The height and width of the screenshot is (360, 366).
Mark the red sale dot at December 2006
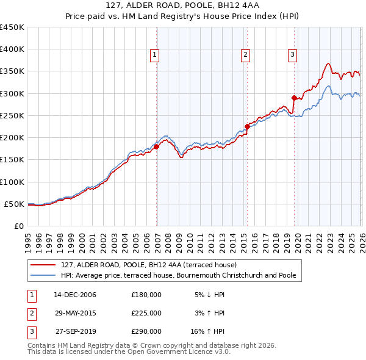pyautogui.click(x=157, y=146)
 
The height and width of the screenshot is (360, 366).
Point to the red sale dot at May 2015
pyautogui.click(x=247, y=127)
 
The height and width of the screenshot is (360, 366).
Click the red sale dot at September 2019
pyautogui.click(x=294, y=98)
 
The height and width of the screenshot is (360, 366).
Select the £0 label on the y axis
pyautogui.click(x=19, y=226)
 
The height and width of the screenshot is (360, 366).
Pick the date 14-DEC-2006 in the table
pyautogui.click(x=74, y=295)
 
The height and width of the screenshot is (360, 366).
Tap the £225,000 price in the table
pyautogui.click(x=146, y=313)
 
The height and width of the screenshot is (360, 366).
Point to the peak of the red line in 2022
pyautogui.click(x=328, y=63)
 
